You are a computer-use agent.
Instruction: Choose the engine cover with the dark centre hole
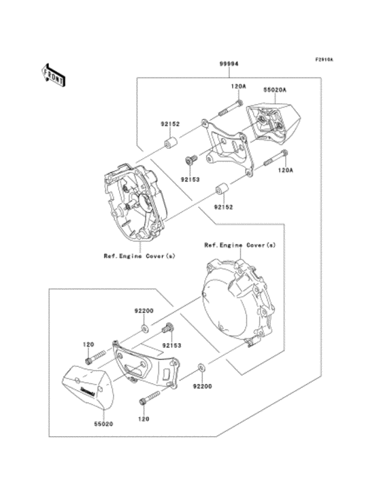tap(133, 201)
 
